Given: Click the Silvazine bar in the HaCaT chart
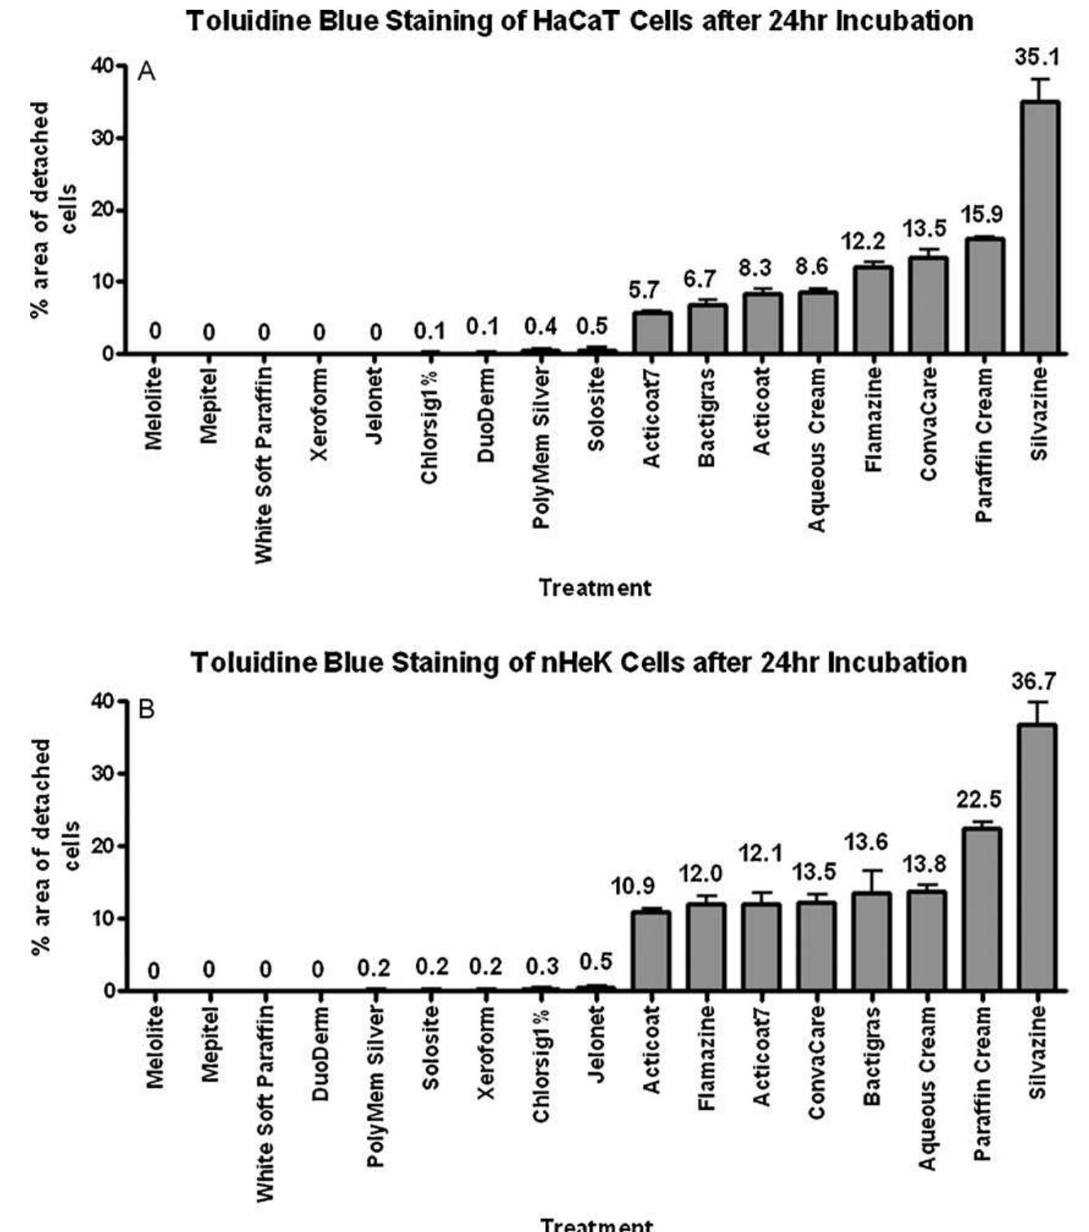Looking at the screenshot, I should [x=1039, y=228].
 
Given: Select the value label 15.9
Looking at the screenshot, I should [x=982, y=215].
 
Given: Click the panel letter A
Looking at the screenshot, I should [x=147, y=72].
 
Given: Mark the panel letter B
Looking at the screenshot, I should [x=147, y=710].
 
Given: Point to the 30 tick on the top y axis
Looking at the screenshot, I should [x=106, y=138].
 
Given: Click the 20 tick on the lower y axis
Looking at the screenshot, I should [x=106, y=845].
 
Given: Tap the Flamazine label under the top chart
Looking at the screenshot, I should [x=873, y=420].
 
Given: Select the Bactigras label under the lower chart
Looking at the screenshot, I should [x=873, y=1055].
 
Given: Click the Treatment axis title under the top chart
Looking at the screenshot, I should [x=595, y=588].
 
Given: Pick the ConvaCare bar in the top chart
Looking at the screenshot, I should [x=928, y=305].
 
